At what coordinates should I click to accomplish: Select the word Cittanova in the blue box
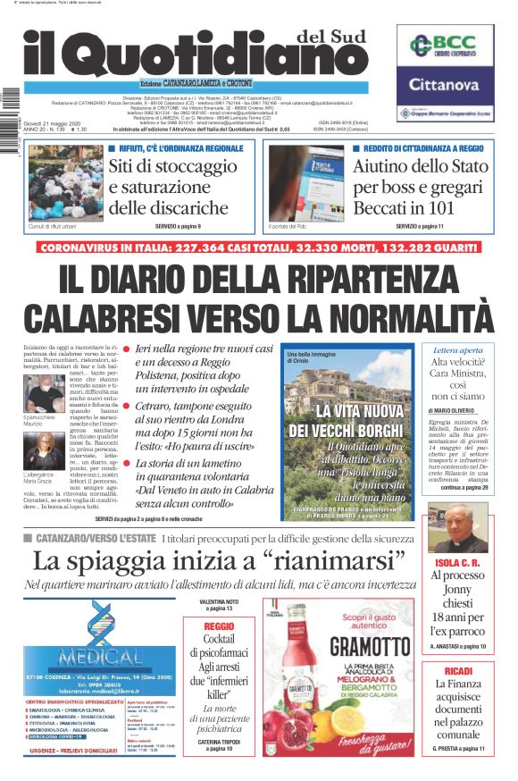[445, 86]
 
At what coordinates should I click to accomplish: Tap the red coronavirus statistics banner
[259, 246]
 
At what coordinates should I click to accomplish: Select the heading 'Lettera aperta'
[457, 350]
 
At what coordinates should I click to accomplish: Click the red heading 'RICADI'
[457, 669]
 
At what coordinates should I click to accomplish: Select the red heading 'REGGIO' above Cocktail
[219, 627]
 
